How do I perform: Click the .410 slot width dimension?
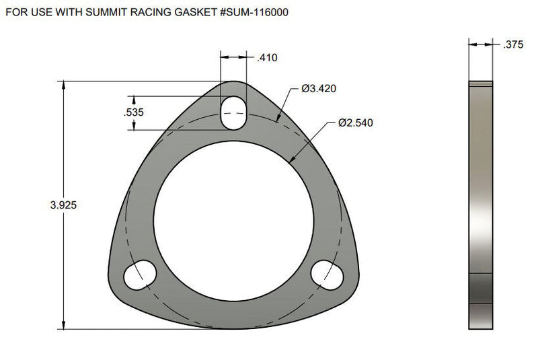click(267, 58)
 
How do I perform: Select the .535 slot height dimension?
click(133, 112)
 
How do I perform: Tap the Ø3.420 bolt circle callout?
click(318, 89)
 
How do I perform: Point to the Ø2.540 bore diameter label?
click(356, 123)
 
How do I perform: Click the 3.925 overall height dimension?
click(63, 205)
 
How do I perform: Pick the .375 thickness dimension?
click(513, 44)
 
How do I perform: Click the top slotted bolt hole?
click(233, 113)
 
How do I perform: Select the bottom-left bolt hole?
click(140, 275)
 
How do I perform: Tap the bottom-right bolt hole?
click(327, 275)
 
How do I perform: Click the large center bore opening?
click(233, 221)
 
